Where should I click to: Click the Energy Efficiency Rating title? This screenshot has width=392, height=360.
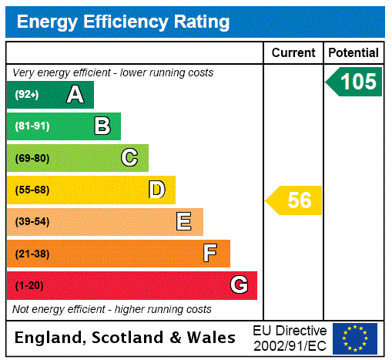(x=123, y=22)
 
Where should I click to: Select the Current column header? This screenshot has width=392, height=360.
(x=293, y=53)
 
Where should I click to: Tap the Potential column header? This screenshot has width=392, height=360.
(x=353, y=53)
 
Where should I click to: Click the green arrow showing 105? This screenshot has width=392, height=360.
(x=355, y=82)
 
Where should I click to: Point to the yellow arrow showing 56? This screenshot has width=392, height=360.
(x=295, y=200)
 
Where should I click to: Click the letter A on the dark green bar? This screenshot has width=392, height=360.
(x=75, y=95)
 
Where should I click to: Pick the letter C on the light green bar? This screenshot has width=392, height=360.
(x=129, y=158)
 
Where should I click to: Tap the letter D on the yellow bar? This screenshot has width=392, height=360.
(x=156, y=190)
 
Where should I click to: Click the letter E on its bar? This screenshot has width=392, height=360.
(x=184, y=222)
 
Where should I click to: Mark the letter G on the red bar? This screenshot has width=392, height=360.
(x=239, y=285)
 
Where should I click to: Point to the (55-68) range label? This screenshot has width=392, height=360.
(x=32, y=190)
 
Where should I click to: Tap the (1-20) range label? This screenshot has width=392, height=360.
(x=29, y=285)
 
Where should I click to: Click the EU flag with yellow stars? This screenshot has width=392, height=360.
(x=355, y=338)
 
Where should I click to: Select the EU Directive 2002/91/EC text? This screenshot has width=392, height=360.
(x=290, y=338)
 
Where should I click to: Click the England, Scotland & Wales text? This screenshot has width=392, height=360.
(x=126, y=338)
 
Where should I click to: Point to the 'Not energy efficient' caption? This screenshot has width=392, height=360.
(x=112, y=309)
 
